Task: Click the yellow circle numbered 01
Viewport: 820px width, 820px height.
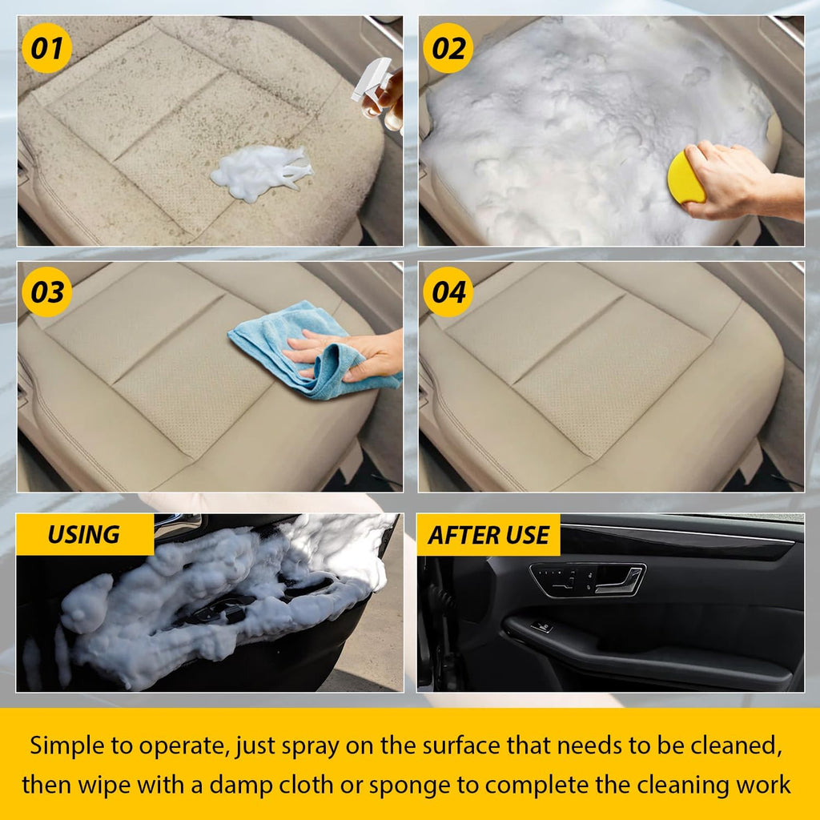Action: pyautogui.click(x=46, y=49)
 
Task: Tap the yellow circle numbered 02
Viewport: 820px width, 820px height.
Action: pyautogui.click(x=448, y=49)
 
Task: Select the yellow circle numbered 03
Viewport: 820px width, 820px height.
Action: pyautogui.click(x=46, y=292)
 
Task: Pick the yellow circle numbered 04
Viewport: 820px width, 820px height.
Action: pyautogui.click(x=448, y=292)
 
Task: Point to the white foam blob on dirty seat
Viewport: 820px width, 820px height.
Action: pyautogui.click(x=259, y=171)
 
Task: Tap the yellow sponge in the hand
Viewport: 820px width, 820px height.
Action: pyautogui.click(x=685, y=179)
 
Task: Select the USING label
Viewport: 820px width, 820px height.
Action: pyautogui.click(x=83, y=535)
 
